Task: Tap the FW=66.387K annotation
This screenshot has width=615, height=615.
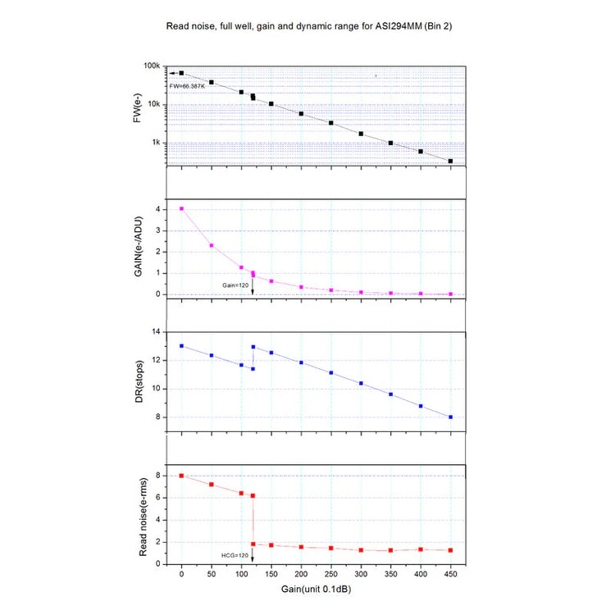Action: click(188, 85)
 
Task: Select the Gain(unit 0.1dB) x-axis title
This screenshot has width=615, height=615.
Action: click(316, 590)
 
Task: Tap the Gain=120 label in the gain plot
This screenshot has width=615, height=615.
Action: click(235, 285)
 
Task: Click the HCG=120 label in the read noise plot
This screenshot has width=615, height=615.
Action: click(235, 555)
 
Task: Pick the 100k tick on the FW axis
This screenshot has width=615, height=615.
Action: click(151, 66)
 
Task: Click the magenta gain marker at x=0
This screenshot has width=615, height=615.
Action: click(182, 209)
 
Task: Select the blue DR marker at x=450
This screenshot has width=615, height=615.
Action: click(451, 417)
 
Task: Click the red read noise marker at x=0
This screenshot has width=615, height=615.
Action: click(182, 476)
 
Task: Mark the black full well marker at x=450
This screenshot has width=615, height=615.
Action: click(451, 161)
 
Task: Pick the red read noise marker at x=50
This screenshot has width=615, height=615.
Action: click(212, 485)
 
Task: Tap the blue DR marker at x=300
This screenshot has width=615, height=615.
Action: click(361, 383)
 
